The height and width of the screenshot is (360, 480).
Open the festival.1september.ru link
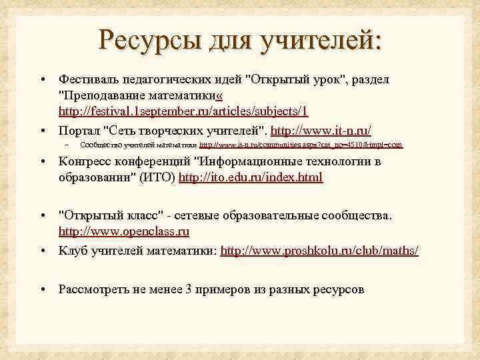coord(183,111)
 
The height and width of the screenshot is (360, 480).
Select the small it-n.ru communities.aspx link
coord(301,144)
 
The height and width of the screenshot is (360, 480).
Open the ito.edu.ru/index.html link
coord(257,177)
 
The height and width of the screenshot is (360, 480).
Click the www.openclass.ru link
coord(124,232)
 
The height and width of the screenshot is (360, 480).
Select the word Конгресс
coord(84,161)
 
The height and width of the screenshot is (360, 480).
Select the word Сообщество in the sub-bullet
coord(100,144)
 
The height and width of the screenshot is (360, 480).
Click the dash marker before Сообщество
coord(67,144)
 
